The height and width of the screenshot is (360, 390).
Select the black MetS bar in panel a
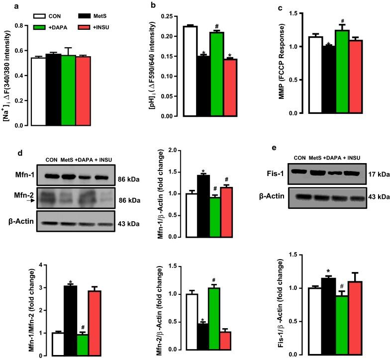[53, 90]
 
